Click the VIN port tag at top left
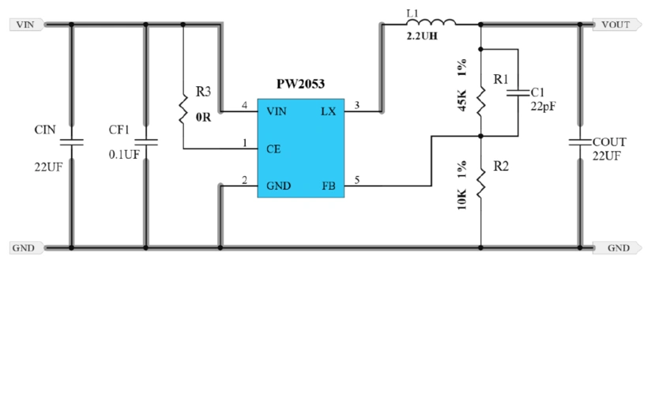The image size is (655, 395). point(25,24)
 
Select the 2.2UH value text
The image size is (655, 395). point(422,38)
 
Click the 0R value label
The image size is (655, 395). point(203,119)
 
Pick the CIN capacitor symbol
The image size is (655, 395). point(71,142)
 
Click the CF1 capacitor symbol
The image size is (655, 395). point(145,142)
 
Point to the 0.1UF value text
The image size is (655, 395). point(124,155)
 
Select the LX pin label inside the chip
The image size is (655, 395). point(328,112)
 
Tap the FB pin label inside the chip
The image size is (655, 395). point(328,186)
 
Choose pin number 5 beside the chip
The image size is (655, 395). point(357,181)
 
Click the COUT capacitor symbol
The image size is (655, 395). point(580,142)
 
